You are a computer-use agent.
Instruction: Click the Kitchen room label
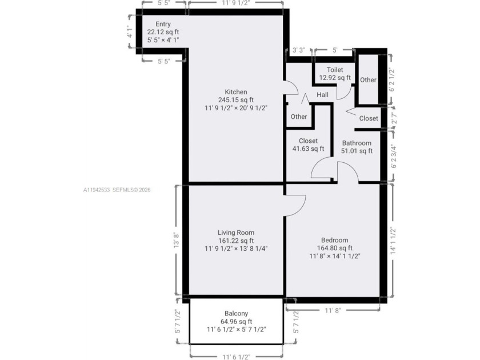pyautogui.click(x=235, y=92)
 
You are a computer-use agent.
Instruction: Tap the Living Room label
pyautogui.click(x=235, y=233)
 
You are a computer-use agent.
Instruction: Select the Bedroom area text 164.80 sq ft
pyautogui.click(x=334, y=249)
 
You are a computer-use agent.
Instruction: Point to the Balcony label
pyautogui.click(x=235, y=313)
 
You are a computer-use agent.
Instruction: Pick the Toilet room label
pyautogui.click(x=335, y=70)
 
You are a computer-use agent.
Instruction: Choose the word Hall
pyautogui.click(x=322, y=95)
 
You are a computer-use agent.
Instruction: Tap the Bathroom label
pyautogui.click(x=357, y=143)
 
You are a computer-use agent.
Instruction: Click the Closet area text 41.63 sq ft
pyautogui.click(x=307, y=149)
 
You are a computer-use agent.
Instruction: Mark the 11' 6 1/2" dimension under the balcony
pyautogui.click(x=236, y=357)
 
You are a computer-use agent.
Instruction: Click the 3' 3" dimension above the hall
pyautogui.click(x=298, y=50)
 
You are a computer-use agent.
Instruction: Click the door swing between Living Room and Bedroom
pyautogui.click(x=295, y=205)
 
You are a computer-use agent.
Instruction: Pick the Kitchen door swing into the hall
pyautogui.click(x=291, y=87)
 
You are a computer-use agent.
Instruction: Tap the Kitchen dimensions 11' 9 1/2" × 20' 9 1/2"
pyautogui.click(x=235, y=107)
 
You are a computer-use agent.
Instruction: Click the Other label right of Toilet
pyautogui.click(x=368, y=80)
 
